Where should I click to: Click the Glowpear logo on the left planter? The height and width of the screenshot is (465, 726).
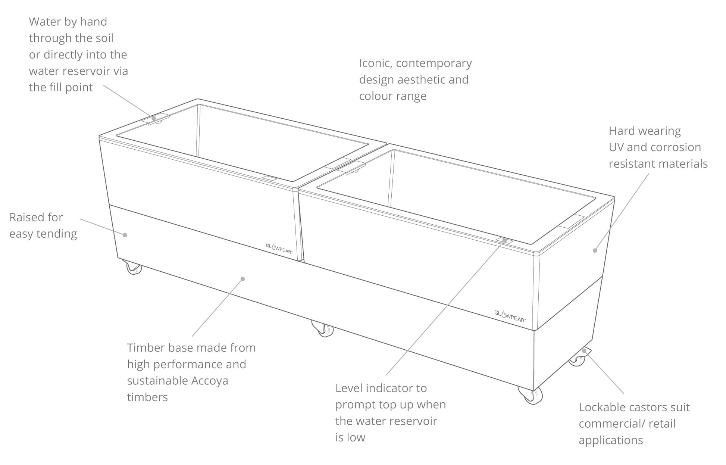click(279, 248)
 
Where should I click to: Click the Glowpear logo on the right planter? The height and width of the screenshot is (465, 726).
click(510, 316)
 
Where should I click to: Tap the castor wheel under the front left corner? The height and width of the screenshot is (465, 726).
click(134, 267)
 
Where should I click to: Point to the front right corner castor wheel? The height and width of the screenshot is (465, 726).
click(531, 395)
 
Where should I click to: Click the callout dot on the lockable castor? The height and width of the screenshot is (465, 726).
click(584, 350)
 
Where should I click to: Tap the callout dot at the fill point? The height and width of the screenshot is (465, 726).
click(154, 118)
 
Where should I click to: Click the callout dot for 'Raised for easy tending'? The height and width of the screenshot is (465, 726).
click(125, 235)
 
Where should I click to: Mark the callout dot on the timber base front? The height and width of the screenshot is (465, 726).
click(242, 279)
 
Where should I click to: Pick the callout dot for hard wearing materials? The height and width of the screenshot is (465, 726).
click(595, 250)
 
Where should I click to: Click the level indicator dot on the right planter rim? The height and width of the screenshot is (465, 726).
click(505, 240)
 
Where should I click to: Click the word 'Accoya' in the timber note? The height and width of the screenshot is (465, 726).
click(209, 381)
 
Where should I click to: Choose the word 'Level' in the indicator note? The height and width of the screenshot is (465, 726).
click(349, 388)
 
